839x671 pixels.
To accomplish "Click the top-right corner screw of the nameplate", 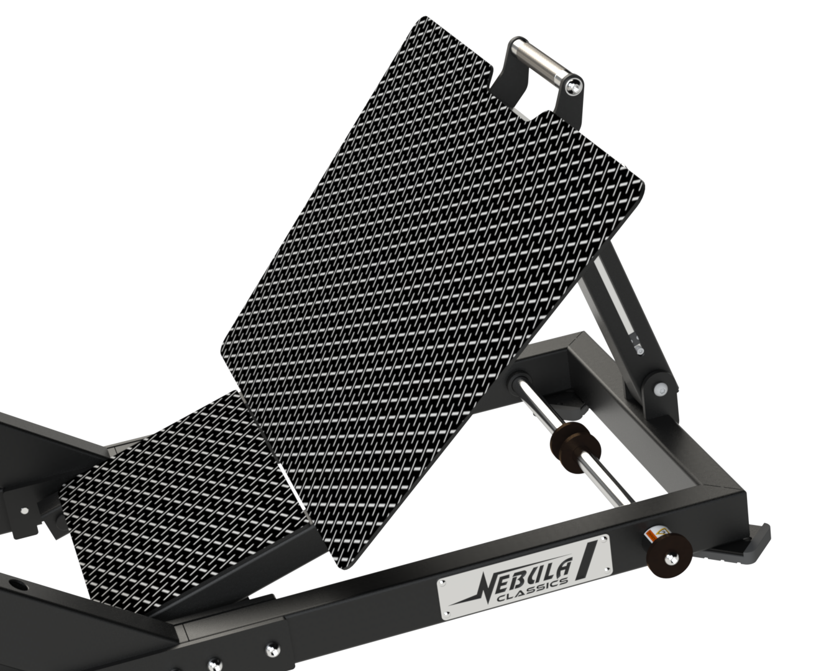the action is point(604,540).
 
